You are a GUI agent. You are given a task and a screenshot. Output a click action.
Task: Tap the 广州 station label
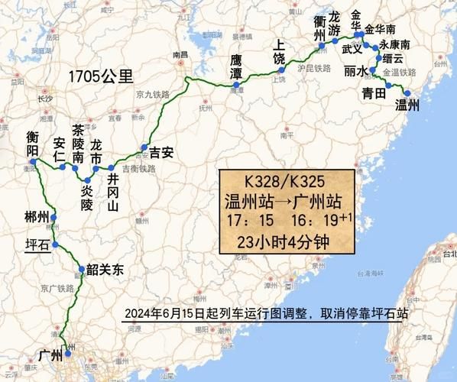pyautogui.click(x=49, y=354)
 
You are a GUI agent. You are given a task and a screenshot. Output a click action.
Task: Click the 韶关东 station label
pyautogui.click(x=105, y=269)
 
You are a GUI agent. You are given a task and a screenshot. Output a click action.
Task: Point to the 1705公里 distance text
pyautogui.click(x=99, y=75)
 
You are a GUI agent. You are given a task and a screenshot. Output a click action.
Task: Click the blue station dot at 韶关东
pyautogui.click(x=82, y=268)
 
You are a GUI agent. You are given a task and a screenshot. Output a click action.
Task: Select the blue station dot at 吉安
pyautogui.click(x=143, y=147)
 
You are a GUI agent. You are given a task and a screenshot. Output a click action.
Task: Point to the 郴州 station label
pyautogui.click(x=36, y=217)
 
